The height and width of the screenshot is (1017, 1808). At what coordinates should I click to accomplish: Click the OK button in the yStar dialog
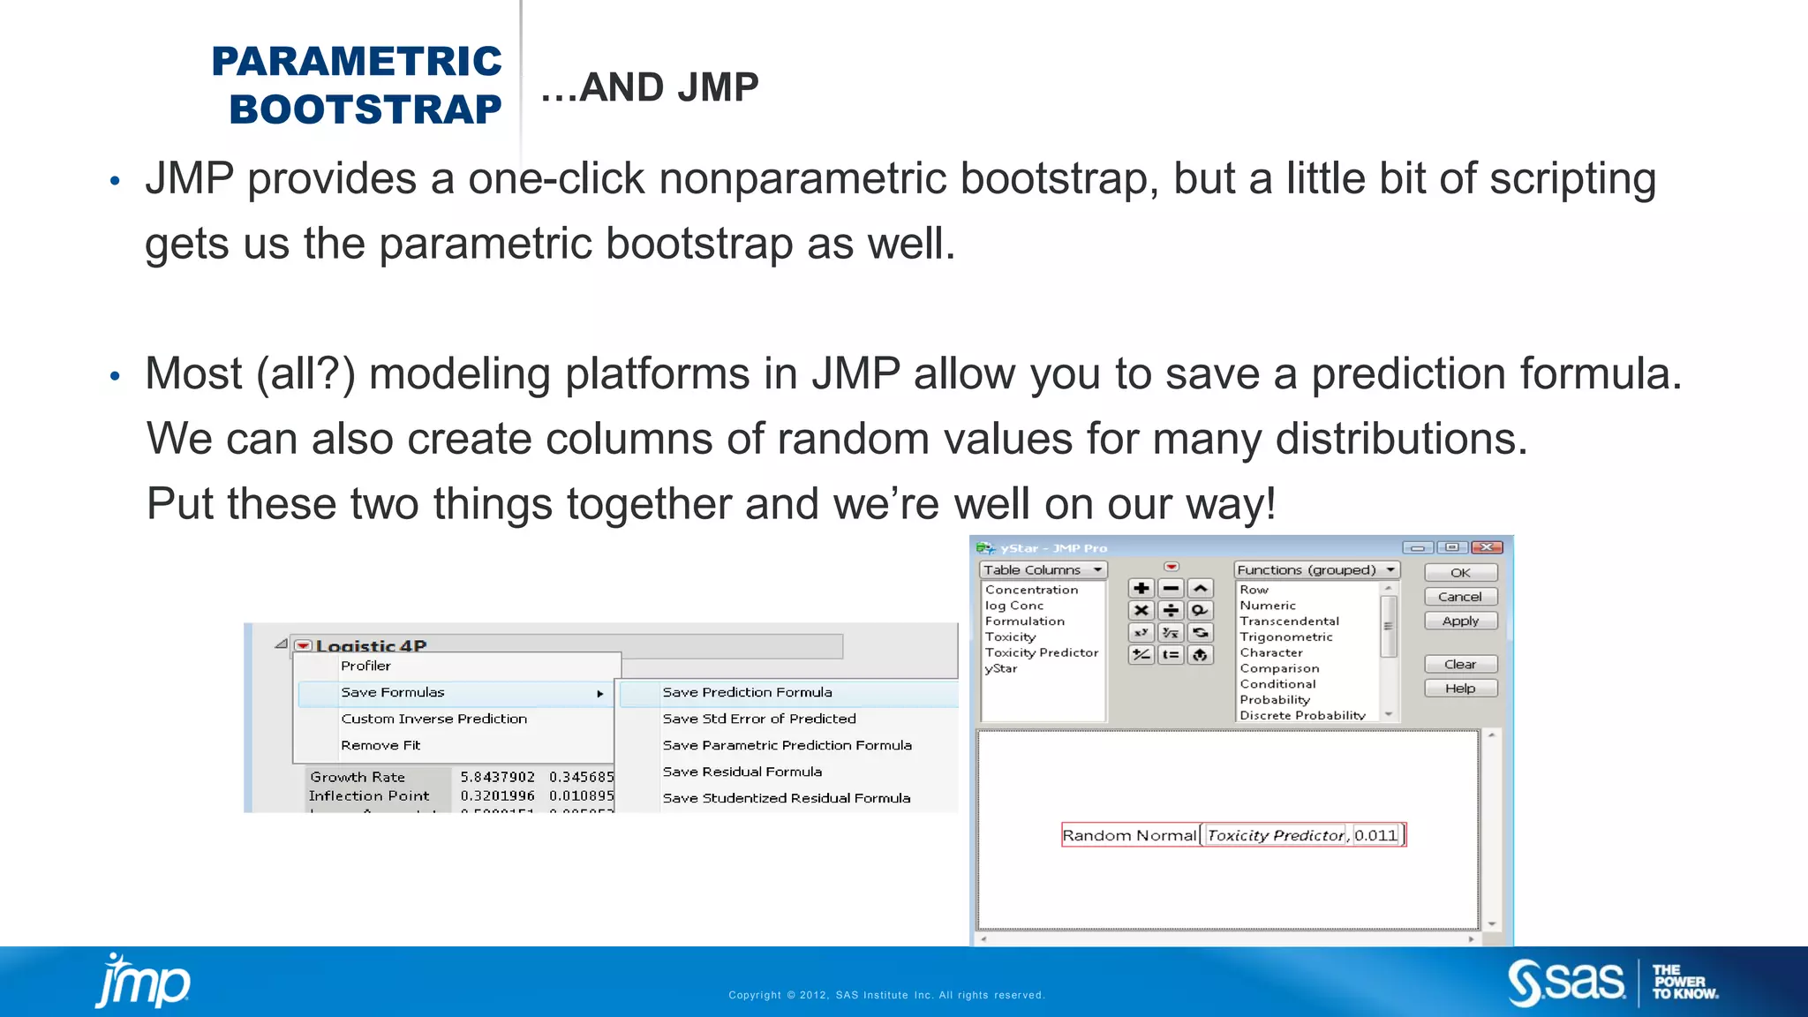click(x=1460, y=573)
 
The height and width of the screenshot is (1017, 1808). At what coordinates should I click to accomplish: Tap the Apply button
click(x=1460, y=621)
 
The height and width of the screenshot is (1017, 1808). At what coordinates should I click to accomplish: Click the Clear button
click(x=1460, y=665)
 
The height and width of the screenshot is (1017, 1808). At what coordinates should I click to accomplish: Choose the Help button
click(x=1460, y=689)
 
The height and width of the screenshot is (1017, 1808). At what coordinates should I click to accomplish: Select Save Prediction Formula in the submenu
click(x=747, y=693)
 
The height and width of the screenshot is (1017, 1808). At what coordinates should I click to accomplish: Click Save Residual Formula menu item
click(x=742, y=772)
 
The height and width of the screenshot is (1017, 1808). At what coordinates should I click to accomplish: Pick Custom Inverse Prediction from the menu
click(x=433, y=719)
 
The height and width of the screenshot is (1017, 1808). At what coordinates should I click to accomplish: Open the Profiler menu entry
click(x=365, y=667)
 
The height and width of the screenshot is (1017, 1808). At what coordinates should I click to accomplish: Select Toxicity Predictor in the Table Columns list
click(x=1042, y=653)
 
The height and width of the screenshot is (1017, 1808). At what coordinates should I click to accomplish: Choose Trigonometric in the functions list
click(x=1285, y=637)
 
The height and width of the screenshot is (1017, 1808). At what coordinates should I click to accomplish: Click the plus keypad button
click(x=1141, y=589)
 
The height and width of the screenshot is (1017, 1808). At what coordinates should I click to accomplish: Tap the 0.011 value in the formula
click(x=1375, y=835)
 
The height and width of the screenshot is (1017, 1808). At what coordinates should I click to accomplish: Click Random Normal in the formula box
click(x=1128, y=835)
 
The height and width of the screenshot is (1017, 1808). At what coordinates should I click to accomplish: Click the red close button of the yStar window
click(x=1487, y=548)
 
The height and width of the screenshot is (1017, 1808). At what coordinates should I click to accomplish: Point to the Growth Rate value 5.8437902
click(x=497, y=778)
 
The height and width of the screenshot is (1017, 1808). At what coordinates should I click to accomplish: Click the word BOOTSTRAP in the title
click(x=365, y=109)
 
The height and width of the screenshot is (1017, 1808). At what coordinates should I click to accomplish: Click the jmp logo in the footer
click(x=143, y=982)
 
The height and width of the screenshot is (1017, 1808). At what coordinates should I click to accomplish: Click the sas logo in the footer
click(x=1566, y=983)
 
